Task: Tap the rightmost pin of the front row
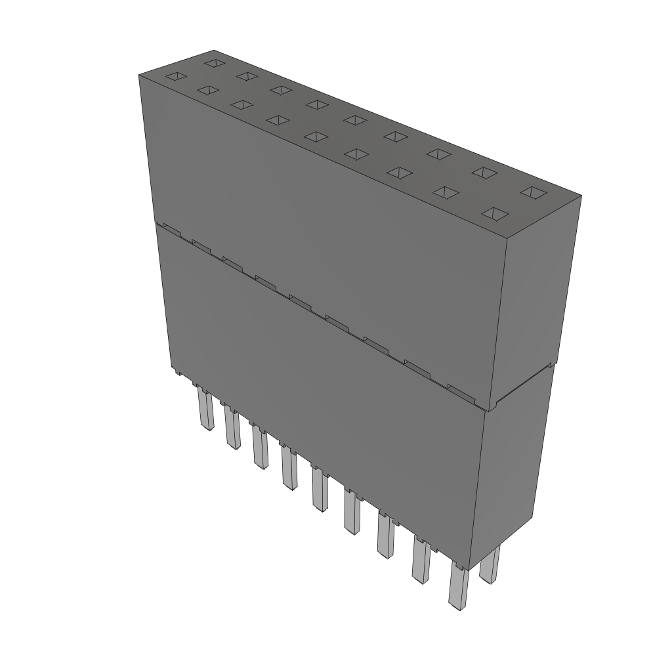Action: point(459,587)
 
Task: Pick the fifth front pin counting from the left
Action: point(320,489)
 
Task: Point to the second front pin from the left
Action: point(232,428)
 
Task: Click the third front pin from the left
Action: point(260,448)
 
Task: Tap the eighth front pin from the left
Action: point(421,560)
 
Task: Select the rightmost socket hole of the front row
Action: point(497,215)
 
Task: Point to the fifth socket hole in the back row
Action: point(354,119)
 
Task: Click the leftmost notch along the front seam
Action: point(171,229)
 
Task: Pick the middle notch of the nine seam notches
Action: point(301,301)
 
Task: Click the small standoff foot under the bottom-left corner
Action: point(177,373)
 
